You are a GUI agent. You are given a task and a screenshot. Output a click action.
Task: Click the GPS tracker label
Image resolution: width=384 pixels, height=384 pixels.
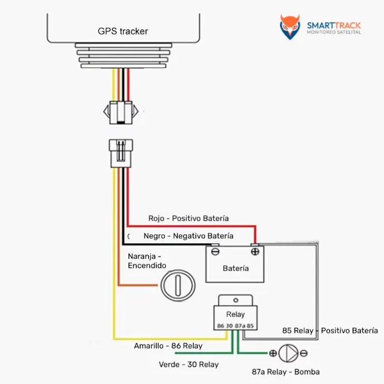122,31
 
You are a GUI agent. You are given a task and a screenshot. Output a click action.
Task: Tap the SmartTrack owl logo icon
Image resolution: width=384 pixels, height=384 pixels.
290,27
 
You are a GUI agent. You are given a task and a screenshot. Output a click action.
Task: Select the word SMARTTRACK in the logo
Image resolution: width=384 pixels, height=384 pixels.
334,26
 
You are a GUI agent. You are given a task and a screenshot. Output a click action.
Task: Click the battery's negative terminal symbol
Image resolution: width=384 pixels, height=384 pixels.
215,252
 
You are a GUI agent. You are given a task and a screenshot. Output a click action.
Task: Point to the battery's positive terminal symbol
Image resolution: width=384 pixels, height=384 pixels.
255,252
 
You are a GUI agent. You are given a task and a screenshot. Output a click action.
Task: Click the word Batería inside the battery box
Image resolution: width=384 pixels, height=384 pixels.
235,268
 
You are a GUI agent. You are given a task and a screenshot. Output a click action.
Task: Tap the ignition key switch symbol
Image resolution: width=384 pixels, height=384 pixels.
178,285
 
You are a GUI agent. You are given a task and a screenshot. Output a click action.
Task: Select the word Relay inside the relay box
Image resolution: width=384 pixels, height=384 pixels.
235,314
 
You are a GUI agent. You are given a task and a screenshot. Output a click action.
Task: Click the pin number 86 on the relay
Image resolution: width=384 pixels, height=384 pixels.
220,326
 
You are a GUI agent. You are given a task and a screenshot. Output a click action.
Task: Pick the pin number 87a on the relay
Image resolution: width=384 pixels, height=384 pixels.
240,326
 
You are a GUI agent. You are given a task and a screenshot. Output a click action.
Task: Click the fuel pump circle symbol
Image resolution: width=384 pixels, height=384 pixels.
288,353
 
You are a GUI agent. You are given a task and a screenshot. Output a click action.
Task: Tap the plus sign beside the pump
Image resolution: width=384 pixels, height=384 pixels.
273,353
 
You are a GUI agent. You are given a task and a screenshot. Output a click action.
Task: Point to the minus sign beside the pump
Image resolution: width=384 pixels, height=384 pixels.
304,353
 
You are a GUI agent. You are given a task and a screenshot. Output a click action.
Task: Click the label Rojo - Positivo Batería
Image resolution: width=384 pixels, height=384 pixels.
189,218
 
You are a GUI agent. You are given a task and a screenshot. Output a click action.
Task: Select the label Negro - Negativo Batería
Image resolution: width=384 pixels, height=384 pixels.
188,236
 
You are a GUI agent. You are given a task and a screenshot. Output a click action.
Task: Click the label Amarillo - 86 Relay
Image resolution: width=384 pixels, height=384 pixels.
168,346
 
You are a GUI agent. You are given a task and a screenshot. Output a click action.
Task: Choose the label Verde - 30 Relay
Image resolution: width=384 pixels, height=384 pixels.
189,365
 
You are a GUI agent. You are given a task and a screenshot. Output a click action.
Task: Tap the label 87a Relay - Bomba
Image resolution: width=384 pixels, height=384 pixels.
286,372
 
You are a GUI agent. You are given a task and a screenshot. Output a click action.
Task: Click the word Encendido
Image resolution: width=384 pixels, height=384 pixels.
147,265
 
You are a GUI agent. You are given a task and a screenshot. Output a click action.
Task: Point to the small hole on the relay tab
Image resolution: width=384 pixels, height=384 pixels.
235,301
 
